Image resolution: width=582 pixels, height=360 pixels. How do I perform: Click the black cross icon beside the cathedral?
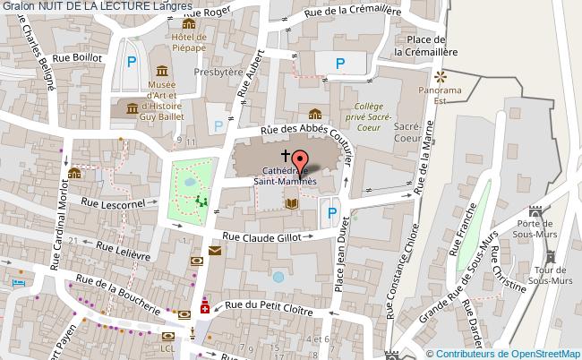coord(285,155)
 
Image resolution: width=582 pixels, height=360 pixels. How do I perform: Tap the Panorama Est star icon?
coord(441,75)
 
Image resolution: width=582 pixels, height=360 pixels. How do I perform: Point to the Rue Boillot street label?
coord(78,56)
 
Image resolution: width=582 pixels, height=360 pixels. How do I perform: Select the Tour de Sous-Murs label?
coord(549,277)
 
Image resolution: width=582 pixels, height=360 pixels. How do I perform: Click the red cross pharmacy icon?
coord(204,308)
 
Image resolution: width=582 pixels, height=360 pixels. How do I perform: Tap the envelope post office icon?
coord(215,251)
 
